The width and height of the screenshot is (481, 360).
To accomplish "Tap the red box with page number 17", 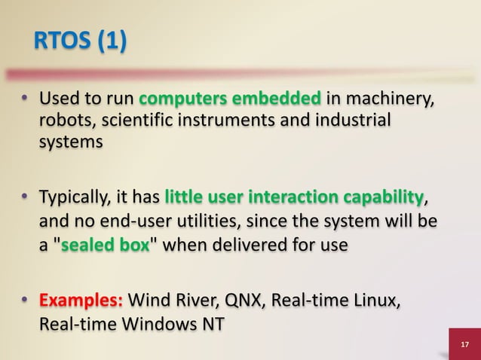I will pos(464,344).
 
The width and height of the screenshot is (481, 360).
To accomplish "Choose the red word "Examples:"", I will pos(82,303).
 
